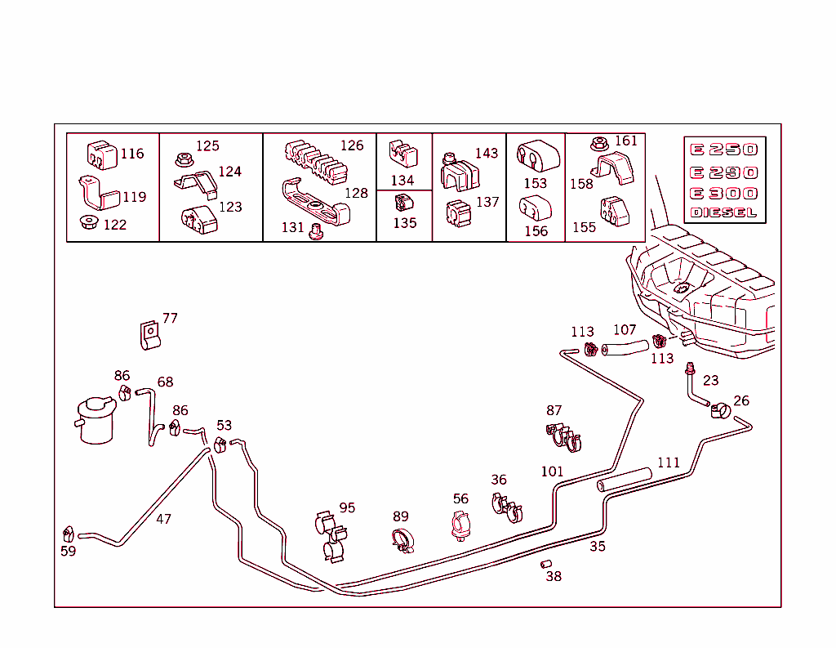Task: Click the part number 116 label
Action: (x=131, y=154)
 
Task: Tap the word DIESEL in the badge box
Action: (x=723, y=213)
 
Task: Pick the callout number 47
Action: (x=163, y=519)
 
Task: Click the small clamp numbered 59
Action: (x=69, y=534)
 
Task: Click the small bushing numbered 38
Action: (x=546, y=563)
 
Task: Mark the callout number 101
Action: (x=552, y=471)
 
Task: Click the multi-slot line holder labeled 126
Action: (x=317, y=161)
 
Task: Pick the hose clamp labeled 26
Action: (x=720, y=409)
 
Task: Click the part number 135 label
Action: (x=404, y=222)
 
